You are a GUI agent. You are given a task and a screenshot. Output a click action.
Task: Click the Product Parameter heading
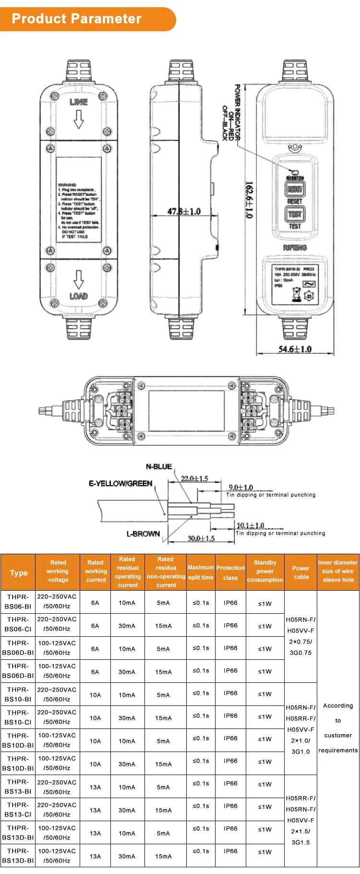[77, 19]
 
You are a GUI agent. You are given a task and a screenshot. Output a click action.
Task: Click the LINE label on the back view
[79, 102]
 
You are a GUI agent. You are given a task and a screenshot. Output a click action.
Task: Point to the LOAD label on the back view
[78, 296]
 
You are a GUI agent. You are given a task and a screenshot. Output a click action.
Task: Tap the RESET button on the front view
[295, 189]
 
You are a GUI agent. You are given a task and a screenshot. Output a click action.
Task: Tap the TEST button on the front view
[295, 214]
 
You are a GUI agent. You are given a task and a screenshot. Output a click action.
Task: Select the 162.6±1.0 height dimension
[249, 200]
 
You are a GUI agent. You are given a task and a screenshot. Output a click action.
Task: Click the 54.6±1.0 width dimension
[295, 349]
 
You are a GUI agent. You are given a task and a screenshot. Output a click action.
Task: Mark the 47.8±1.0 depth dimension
[184, 211]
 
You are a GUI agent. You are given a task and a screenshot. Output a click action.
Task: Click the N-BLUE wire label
[159, 466]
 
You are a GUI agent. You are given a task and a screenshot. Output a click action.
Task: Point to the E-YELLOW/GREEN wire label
[120, 483]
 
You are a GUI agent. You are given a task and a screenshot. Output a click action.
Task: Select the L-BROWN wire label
[143, 534]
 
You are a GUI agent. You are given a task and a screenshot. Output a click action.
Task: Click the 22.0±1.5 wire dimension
[194, 478]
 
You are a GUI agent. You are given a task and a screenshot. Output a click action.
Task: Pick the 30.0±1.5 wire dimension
[201, 538]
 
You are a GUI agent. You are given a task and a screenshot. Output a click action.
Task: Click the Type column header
[19, 572]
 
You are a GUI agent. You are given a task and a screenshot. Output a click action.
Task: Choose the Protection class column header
[230, 572]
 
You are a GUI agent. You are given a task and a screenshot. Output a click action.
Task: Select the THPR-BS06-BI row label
[18, 602]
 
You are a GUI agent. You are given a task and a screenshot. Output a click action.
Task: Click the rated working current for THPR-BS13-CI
[95, 810]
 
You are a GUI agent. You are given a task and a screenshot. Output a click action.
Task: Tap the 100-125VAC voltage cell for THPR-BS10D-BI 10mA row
[57, 740]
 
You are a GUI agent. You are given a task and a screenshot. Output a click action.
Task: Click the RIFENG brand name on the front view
[295, 248]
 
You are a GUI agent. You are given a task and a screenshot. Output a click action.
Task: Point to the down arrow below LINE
[78, 120]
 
